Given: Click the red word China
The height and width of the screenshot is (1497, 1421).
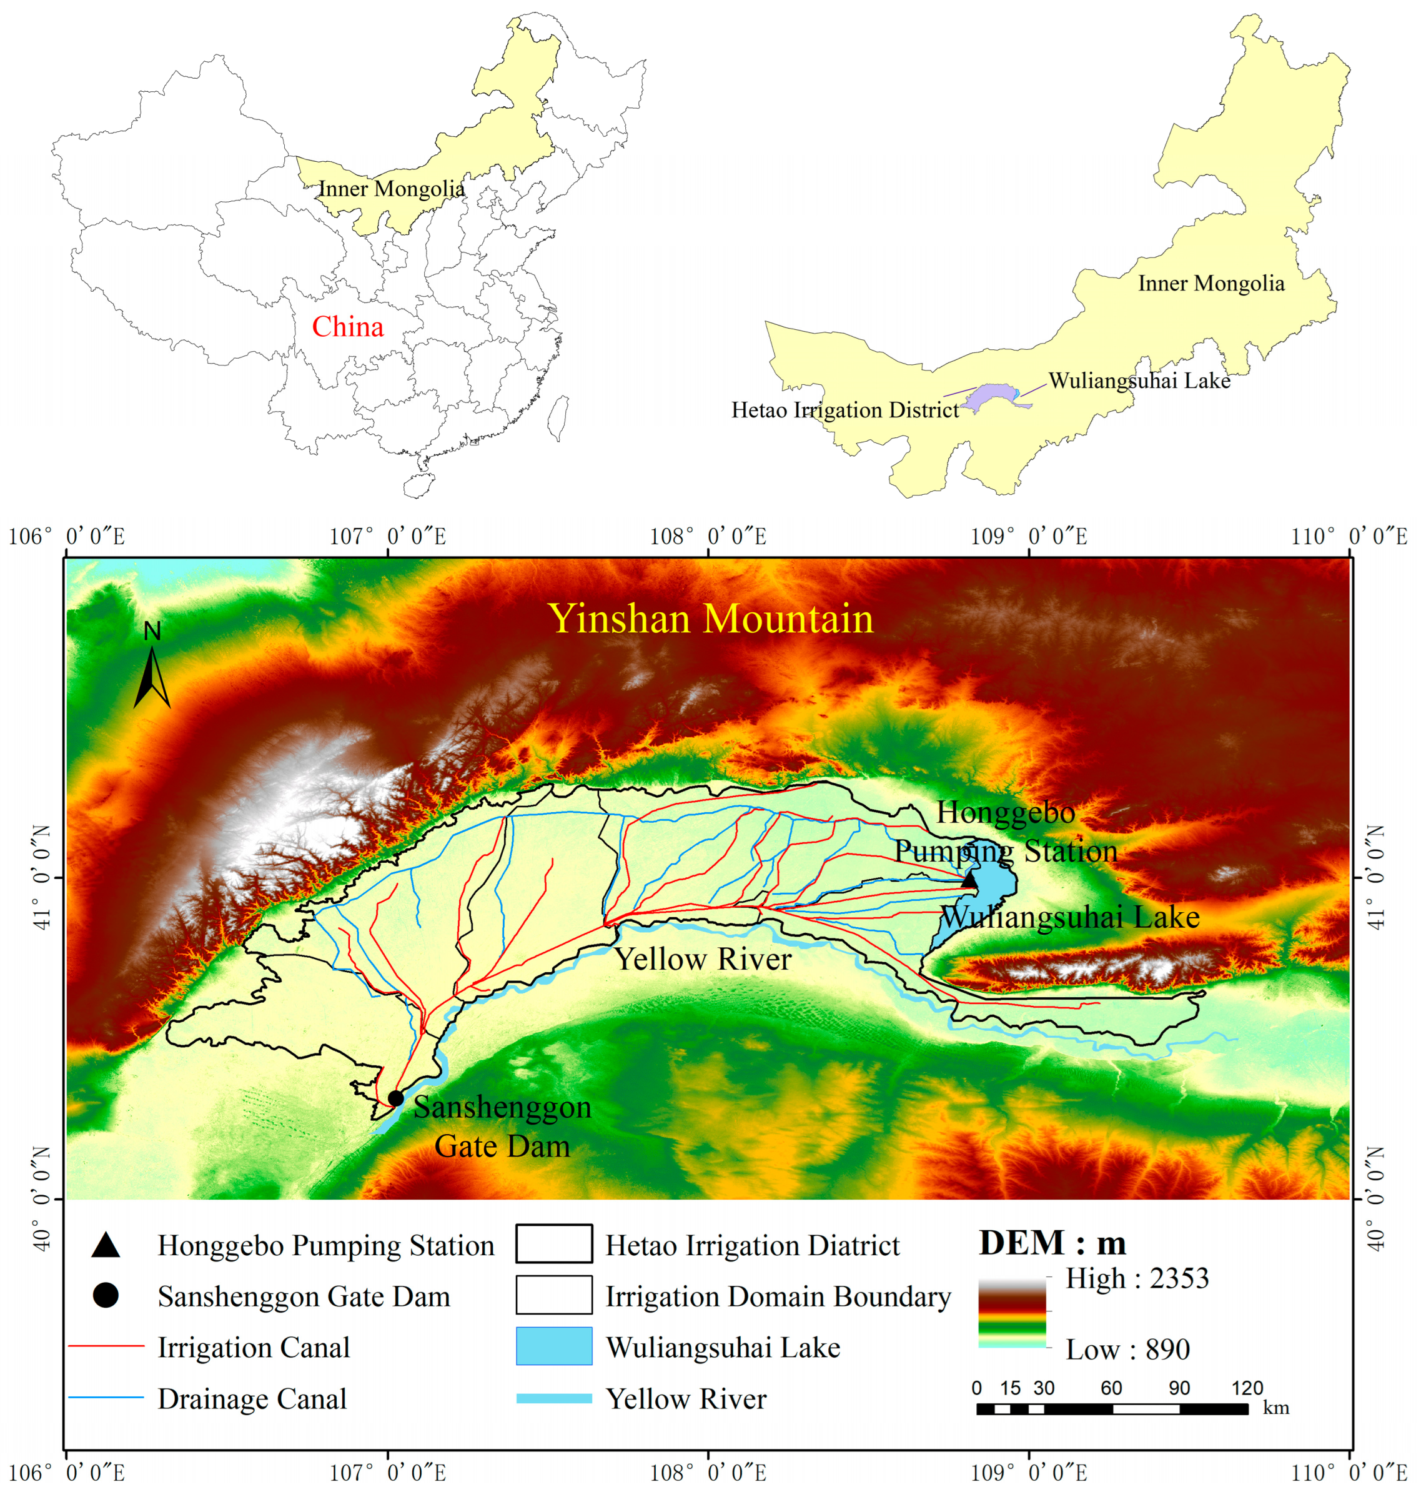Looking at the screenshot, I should pyautogui.click(x=348, y=327).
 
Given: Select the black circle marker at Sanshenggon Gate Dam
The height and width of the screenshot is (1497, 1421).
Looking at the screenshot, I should pyautogui.click(x=395, y=1098).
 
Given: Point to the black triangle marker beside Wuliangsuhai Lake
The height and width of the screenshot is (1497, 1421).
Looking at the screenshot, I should pyautogui.click(x=969, y=880).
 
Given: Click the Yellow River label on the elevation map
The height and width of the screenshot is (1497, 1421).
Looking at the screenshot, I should pyautogui.click(x=703, y=959).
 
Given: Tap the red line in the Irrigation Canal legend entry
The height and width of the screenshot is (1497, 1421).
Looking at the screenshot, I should pyautogui.click(x=106, y=1346).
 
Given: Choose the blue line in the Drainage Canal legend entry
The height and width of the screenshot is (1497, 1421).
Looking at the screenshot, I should pyautogui.click(x=106, y=1397).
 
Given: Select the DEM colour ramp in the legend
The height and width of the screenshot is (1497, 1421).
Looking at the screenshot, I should pyautogui.click(x=1011, y=1313).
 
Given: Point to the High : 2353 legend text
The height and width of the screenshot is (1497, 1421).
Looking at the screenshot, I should pyautogui.click(x=1137, y=1278).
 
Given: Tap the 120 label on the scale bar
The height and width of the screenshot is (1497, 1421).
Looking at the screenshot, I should pyautogui.click(x=1247, y=1388).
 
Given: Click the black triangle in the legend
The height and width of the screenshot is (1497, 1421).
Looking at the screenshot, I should pyautogui.click(x=106, y=1245).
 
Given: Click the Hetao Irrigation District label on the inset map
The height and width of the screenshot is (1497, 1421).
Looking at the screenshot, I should pyautogui.click(x=844, y=410).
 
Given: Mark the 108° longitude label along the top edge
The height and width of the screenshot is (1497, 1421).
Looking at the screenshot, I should pyautogui.click(x=708, y=536).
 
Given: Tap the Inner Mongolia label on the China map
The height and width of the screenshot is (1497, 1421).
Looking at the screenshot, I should pyautogui.click(x=391, y=189).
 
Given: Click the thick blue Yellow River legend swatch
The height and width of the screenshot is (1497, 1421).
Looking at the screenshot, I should pyautogui.click(x=553, y=1398).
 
